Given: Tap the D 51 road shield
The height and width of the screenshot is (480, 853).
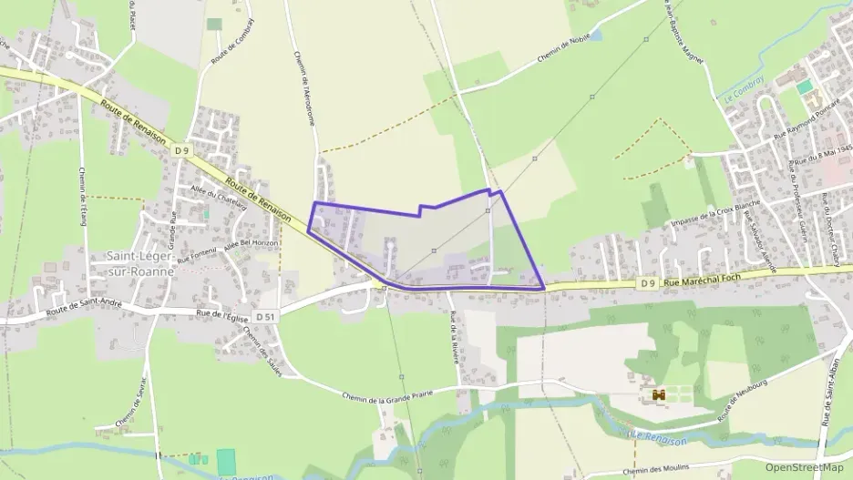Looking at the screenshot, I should click(265, 316).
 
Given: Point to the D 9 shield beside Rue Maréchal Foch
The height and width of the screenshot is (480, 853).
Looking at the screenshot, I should click(647, 283).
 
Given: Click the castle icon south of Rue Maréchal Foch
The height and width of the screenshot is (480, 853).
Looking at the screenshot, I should click(659, 394).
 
